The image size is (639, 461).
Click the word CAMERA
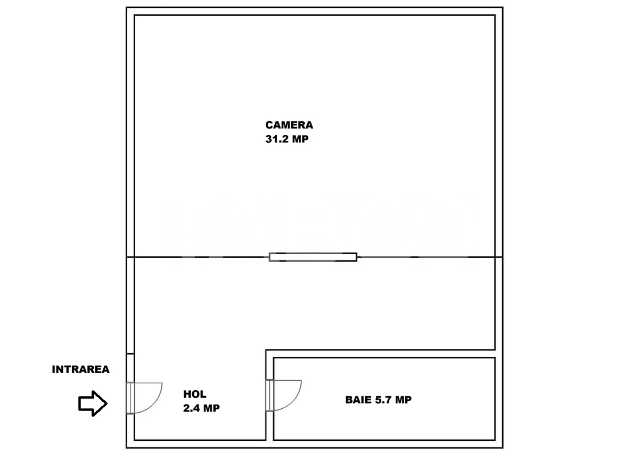click(x=289, y=125)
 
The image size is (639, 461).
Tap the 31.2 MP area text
click(x=286, y=139)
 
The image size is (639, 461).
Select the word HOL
click(x=194, y=395)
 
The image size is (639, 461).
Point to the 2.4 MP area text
click(x=201, y=408)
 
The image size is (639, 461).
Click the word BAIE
click(x=358, y=400)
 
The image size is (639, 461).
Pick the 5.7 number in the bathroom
click(x=383, y=400)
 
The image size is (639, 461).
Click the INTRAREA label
click(x=80, y=369)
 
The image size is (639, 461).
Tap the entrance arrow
click(x=93, y=404)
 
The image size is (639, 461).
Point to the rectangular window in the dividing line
click(x=313, y=257)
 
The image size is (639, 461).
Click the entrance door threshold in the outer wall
click(x=130, y=398)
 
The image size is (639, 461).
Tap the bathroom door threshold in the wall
click(x=269, y=396)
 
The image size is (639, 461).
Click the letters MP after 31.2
click(x=300, y=139)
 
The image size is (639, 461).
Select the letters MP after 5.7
click(x=404, y=400)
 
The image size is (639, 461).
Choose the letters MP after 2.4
click(x=212, y=408)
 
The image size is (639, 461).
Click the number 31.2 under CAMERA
click(x=277, y=139)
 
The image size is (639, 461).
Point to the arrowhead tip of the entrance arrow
click(x=107, y=404)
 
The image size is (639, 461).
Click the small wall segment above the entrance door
click(x=130, y=368)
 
